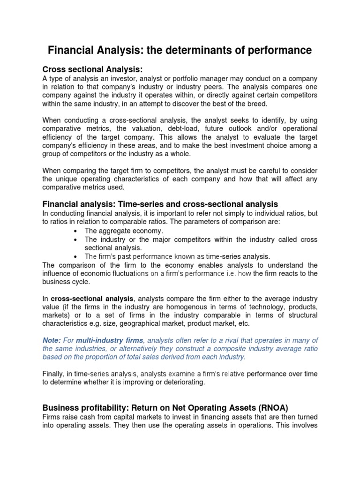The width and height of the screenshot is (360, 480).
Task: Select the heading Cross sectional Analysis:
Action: point(92,69)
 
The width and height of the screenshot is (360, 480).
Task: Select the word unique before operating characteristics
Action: point(71,179)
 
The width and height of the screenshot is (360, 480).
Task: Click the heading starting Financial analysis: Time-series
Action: point(160,204)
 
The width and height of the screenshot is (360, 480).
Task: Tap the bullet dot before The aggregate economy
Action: point(76,231)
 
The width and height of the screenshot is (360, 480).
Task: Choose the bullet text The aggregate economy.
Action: point(124,231)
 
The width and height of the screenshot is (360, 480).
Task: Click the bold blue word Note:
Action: point(52,340)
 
